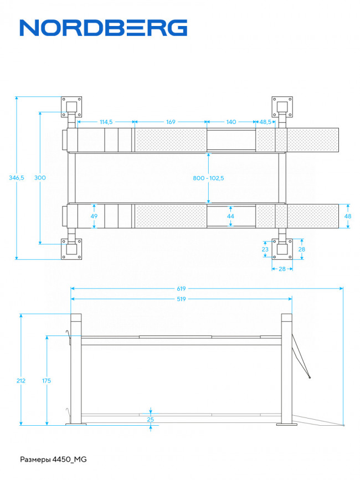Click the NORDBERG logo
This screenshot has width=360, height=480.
(104, 28)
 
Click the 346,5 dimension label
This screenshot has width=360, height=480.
(17, 178)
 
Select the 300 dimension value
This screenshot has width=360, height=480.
(40, 178)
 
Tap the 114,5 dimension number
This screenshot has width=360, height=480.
(106, 122)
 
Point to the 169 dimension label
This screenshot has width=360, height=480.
(171, 122)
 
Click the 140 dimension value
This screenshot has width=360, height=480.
(231, 122)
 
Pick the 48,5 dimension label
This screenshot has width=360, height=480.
(265, 122)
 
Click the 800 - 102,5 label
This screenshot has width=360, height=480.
(208, 178)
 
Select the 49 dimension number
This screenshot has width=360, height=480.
(94, 216)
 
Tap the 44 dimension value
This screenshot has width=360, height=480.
(230, 216)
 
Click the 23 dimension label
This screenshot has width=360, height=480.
(265, 250)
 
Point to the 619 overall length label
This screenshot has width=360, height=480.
(181, 288)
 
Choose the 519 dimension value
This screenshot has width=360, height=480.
(181, 299)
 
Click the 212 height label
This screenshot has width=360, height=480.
(21, 381)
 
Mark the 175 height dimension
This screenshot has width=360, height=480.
(47, 381)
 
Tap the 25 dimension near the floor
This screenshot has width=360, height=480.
(150, 420)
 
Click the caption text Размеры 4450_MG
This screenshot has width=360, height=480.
(53, 460)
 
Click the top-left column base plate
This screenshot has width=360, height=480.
(71, 107)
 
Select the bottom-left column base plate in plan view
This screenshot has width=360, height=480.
(71, 249)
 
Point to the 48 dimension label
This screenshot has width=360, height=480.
(348, 216)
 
